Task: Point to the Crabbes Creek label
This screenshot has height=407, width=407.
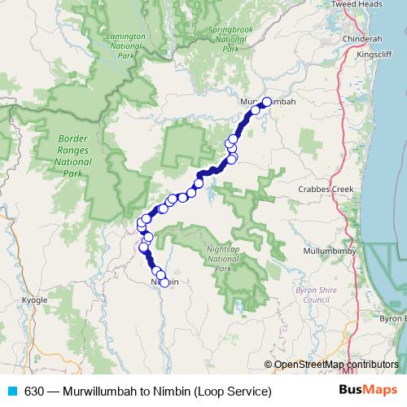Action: point(326,189)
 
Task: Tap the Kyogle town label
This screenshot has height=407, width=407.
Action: point(34,300)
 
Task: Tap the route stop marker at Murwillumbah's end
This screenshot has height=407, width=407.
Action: point(265,102)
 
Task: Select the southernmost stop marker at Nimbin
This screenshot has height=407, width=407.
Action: point(164,282)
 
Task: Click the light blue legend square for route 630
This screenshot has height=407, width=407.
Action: point(11,392)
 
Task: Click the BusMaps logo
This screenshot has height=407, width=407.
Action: point(363,391)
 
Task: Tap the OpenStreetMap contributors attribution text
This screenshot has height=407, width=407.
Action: point(336,365)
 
